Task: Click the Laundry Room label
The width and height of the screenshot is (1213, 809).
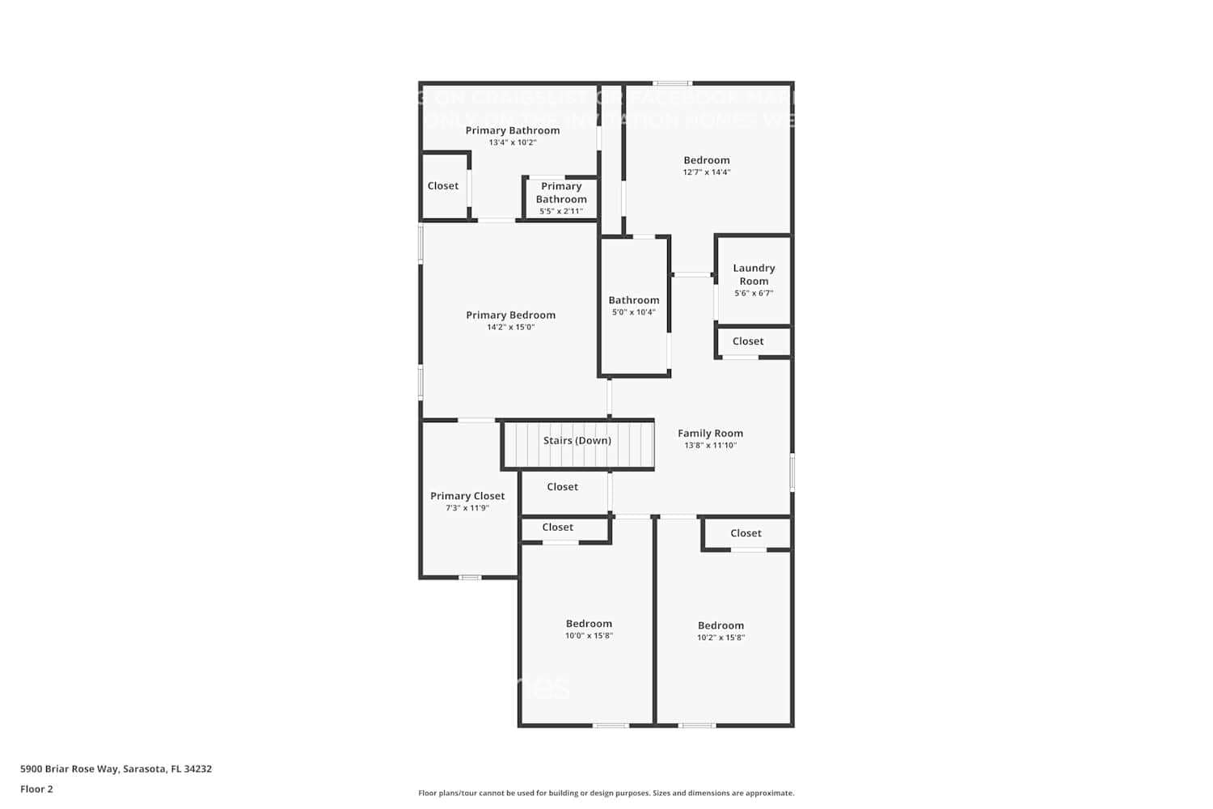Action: coord(754,274)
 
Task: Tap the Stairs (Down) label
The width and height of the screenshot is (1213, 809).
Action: coord(577,441)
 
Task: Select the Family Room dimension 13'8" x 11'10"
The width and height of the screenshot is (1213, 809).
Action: coord(710,446)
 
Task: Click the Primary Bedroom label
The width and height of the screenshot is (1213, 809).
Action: coord(510,316)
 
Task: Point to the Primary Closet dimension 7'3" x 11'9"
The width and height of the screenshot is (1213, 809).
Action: coord(467,509)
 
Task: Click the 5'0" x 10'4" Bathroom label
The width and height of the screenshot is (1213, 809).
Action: coord(633,300)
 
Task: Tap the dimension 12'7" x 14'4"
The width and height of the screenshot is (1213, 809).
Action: coord(706,172)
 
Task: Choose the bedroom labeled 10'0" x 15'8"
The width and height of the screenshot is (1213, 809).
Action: coord(589,624)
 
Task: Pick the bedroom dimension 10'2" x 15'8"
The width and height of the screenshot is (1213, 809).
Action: coord(721,637)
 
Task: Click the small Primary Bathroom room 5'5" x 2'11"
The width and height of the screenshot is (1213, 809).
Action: coord(560,198)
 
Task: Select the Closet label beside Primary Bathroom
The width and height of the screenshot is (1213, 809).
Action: coord(442,186)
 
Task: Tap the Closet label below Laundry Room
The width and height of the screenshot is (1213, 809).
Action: coord(747,341)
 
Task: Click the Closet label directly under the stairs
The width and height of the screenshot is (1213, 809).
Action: coord(562,487)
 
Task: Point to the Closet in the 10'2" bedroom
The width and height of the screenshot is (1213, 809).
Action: coord(746,533)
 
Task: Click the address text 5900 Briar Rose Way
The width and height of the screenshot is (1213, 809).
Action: coord(116,769)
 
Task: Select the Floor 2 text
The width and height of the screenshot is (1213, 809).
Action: coord(36,790)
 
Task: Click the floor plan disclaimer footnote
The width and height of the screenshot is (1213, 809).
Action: coord(606,794)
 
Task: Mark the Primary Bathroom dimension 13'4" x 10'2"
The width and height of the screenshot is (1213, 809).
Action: coord(512,143)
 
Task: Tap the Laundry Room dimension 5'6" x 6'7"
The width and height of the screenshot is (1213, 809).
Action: coord(754,294)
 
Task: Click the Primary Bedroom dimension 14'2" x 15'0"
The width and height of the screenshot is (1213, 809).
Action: coord(510,328)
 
